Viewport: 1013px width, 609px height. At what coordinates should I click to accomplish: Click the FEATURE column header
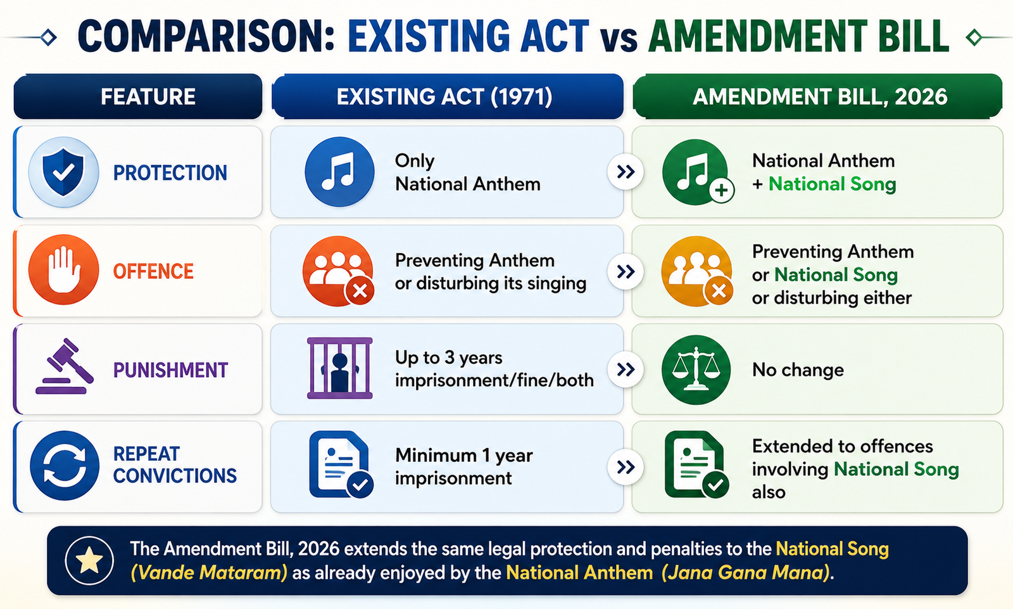point(138,96)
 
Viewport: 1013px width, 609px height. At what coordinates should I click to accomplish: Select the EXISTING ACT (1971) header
point(447,96)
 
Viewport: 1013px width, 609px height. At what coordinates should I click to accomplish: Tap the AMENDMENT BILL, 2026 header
point(817,96)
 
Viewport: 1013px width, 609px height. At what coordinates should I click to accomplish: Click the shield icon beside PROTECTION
point(63,172)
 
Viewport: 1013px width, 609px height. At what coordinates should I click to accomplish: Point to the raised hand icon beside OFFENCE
point(63,269)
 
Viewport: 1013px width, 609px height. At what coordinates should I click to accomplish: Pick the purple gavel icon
point(65,366)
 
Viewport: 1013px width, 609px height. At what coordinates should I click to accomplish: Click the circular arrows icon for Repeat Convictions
point(64,466)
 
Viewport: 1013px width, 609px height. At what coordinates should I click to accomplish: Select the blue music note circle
point(339,172)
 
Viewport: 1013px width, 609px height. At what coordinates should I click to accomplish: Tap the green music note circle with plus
point(698,172)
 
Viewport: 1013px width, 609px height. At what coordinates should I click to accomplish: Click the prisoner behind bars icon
point(339,368)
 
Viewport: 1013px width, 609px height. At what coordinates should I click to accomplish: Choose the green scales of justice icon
point(696,369)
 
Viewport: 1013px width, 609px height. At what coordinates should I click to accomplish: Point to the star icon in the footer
point(89,561)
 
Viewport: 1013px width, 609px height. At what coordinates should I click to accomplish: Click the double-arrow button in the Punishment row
point(626,369)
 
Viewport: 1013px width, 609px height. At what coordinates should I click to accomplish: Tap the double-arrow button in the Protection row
point(626,172)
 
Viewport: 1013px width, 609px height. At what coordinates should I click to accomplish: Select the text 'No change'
point(798,370)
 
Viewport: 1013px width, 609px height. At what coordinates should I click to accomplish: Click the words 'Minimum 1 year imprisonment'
point(464,466)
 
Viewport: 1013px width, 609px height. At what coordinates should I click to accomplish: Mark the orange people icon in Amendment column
point(697,271)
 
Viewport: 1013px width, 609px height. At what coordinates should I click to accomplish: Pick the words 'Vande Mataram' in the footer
point(209,573)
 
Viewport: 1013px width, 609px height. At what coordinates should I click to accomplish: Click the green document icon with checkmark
point(696,465)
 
